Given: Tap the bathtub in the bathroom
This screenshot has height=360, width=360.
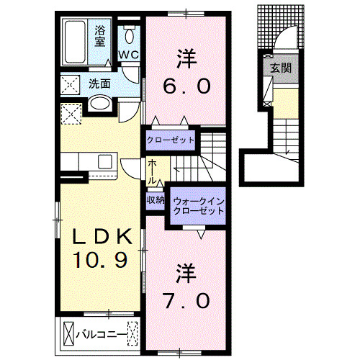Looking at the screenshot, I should tap(76, 36).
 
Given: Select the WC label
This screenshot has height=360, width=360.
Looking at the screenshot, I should tap(129, 55).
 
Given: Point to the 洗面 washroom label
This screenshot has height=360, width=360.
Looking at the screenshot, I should tap(100, 84).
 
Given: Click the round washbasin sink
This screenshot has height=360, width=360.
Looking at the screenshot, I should tap(101, 105).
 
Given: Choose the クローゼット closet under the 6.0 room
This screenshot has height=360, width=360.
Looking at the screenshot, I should tap(171, 139).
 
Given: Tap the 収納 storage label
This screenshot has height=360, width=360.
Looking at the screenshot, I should tap(156, 199).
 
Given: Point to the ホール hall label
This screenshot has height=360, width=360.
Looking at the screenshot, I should tap(153, 171).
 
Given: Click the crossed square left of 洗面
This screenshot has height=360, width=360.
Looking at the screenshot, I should tap(71, 84).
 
